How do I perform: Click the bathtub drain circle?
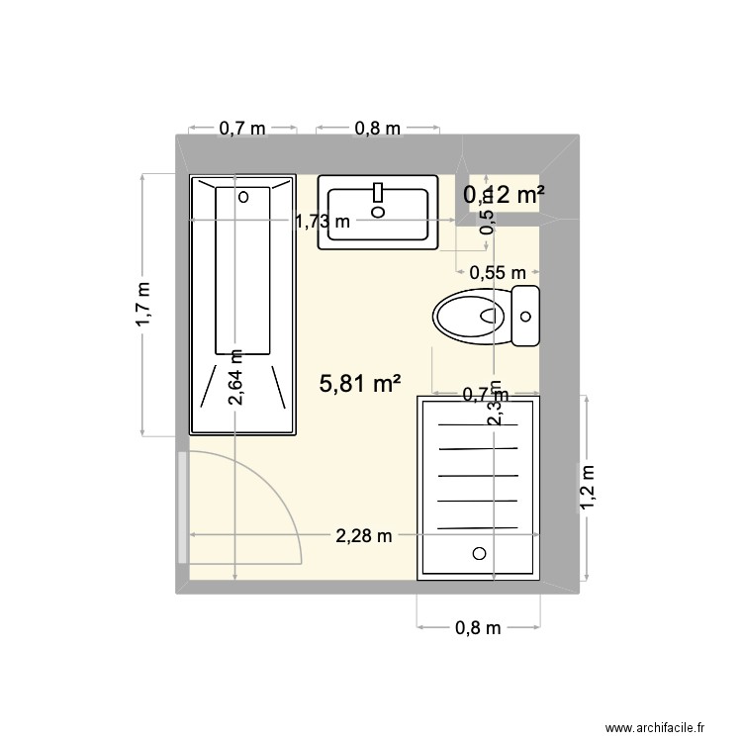tap(243, 196)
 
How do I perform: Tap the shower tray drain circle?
tap(480, 554)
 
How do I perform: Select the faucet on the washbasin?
tap(378, 190)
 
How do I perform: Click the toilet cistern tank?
tap(525, 317)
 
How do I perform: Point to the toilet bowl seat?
tap(467, 317)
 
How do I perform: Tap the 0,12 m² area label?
tap(505, 195)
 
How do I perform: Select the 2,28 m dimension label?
tap(364, 536)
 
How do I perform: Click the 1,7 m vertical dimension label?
tap(144, 304)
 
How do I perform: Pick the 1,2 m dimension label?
tap(587, 489)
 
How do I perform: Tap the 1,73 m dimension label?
tap(323, 222)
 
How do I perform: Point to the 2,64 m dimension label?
tap(235, 377)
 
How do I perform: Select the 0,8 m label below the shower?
tap(479, 627)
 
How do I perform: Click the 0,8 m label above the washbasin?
tap(378, 128)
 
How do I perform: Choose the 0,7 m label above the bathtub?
tap(242, 128)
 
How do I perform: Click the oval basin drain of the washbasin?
tap(378, 210)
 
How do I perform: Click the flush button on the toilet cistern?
tap(526, 317)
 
